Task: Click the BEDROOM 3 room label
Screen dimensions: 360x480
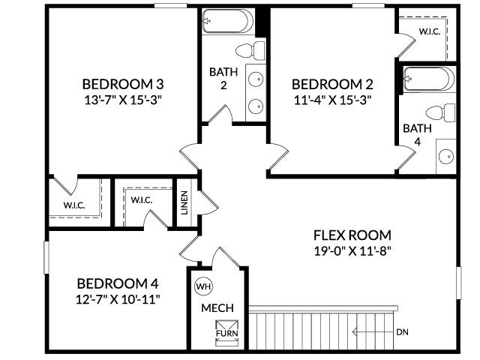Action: [x=123, y=83]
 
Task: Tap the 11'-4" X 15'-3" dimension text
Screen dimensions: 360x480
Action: [x=332, y=98]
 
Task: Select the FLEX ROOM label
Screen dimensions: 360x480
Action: [x=353, y=235]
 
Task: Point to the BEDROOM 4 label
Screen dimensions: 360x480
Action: [x=118, y=283]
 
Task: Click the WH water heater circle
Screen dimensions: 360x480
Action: [x=203, y=286]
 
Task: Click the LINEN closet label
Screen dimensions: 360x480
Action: [x=184, y=202]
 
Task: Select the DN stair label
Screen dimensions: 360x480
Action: [x=403, y=331]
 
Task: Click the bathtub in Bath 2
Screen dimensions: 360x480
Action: [x=228, y=21]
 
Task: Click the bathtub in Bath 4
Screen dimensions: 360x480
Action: [x=428, y=79]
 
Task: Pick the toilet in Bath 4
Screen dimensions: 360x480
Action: [x=445, y=112]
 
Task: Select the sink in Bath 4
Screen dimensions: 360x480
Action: [x=445, y=157]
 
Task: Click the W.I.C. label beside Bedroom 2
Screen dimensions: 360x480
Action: [x=429, y=31]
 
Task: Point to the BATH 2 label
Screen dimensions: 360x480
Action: [x=223, y=78]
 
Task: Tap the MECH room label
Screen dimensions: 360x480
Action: [x=217, y=307]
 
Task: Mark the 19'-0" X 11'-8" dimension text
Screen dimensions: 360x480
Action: [x=352, y=250]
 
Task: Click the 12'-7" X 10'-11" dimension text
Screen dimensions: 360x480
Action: [x=118, y=298]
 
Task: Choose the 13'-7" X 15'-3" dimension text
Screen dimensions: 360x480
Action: [x=123, y=98]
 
